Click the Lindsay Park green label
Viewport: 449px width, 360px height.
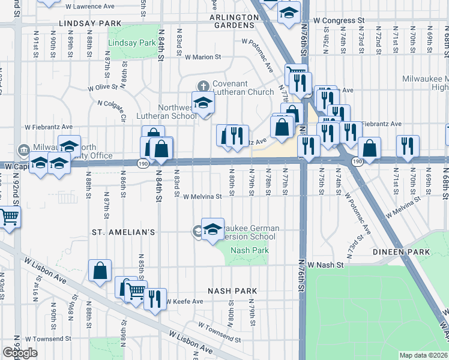[x=131, y=43]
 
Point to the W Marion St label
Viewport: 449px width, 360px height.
[x=203, y=58]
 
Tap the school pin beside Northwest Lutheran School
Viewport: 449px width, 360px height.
[x=203, y=103]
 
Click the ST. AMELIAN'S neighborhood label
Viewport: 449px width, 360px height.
[x=124, y=232]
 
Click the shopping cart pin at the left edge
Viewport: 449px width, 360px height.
[x=8, y=218]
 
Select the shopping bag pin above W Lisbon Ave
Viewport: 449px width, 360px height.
[x=100, y=271]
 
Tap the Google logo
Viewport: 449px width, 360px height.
[x=20, y=353]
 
